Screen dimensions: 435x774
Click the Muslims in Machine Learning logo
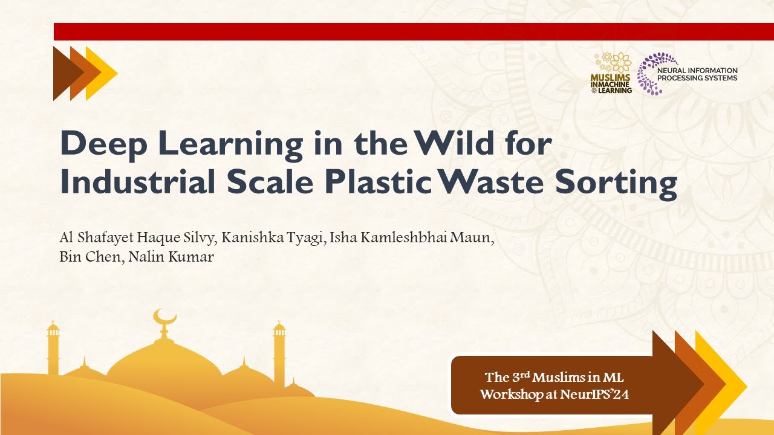pyautogui.click(x=611, y=73)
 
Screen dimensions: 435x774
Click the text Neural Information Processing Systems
pyautogui.click(x=697, y=74)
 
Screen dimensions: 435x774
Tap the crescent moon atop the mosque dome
pyautogui.click(x=164, y=317)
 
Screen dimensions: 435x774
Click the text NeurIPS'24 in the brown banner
pyautogui.click(x=598, y=395)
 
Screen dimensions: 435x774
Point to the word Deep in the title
pyautogui.click(x=96, y=144)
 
